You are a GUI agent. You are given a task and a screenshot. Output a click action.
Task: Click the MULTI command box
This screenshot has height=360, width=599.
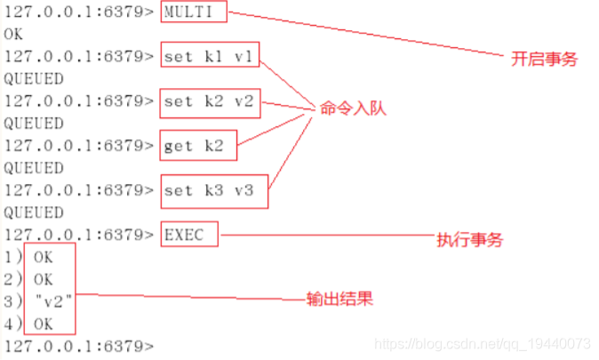pos(194,13)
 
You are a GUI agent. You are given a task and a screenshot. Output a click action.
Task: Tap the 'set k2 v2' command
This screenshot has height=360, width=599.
pos(211,102)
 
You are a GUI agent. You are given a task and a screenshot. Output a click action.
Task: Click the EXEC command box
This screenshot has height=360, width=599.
pos(188,236)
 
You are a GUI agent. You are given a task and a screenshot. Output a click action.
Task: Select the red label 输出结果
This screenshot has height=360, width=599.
pos(339,300)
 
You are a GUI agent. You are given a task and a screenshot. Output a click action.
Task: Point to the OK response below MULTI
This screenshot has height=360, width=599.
pos(13,35)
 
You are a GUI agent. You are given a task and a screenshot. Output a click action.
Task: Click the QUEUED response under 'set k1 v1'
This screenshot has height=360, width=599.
pos(34,79)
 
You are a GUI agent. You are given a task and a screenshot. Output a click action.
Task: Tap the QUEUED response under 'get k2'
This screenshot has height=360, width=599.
pos(34,168)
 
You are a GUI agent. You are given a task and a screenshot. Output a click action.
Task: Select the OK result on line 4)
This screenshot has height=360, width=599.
pos(43,323)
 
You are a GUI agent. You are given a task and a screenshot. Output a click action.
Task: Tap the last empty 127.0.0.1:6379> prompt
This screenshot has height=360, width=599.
pos(78,345)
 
